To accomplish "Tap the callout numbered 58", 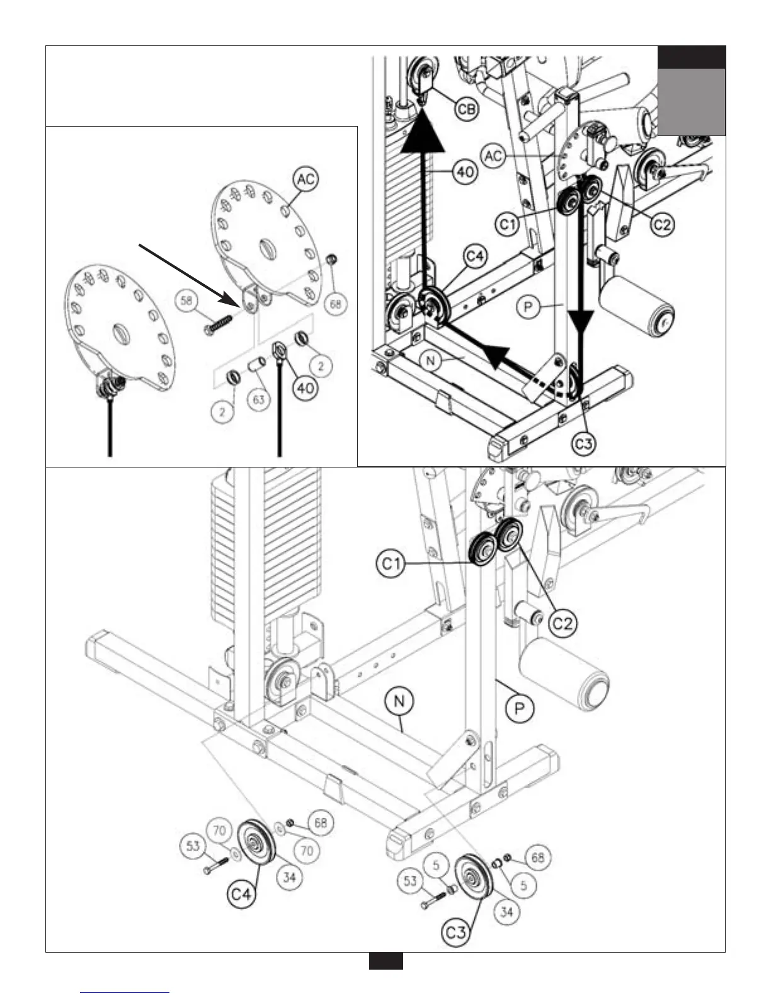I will pyautogui.click(x=186, y=301).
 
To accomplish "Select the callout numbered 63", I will pyautogui.click(x=259, y=399).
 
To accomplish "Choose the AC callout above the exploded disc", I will pyautogui.click(x=306, y=180).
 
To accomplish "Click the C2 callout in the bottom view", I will pyautogui.click(x=564, y=623).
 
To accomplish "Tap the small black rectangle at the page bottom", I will pyautogui.click(x=385, y=961).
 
